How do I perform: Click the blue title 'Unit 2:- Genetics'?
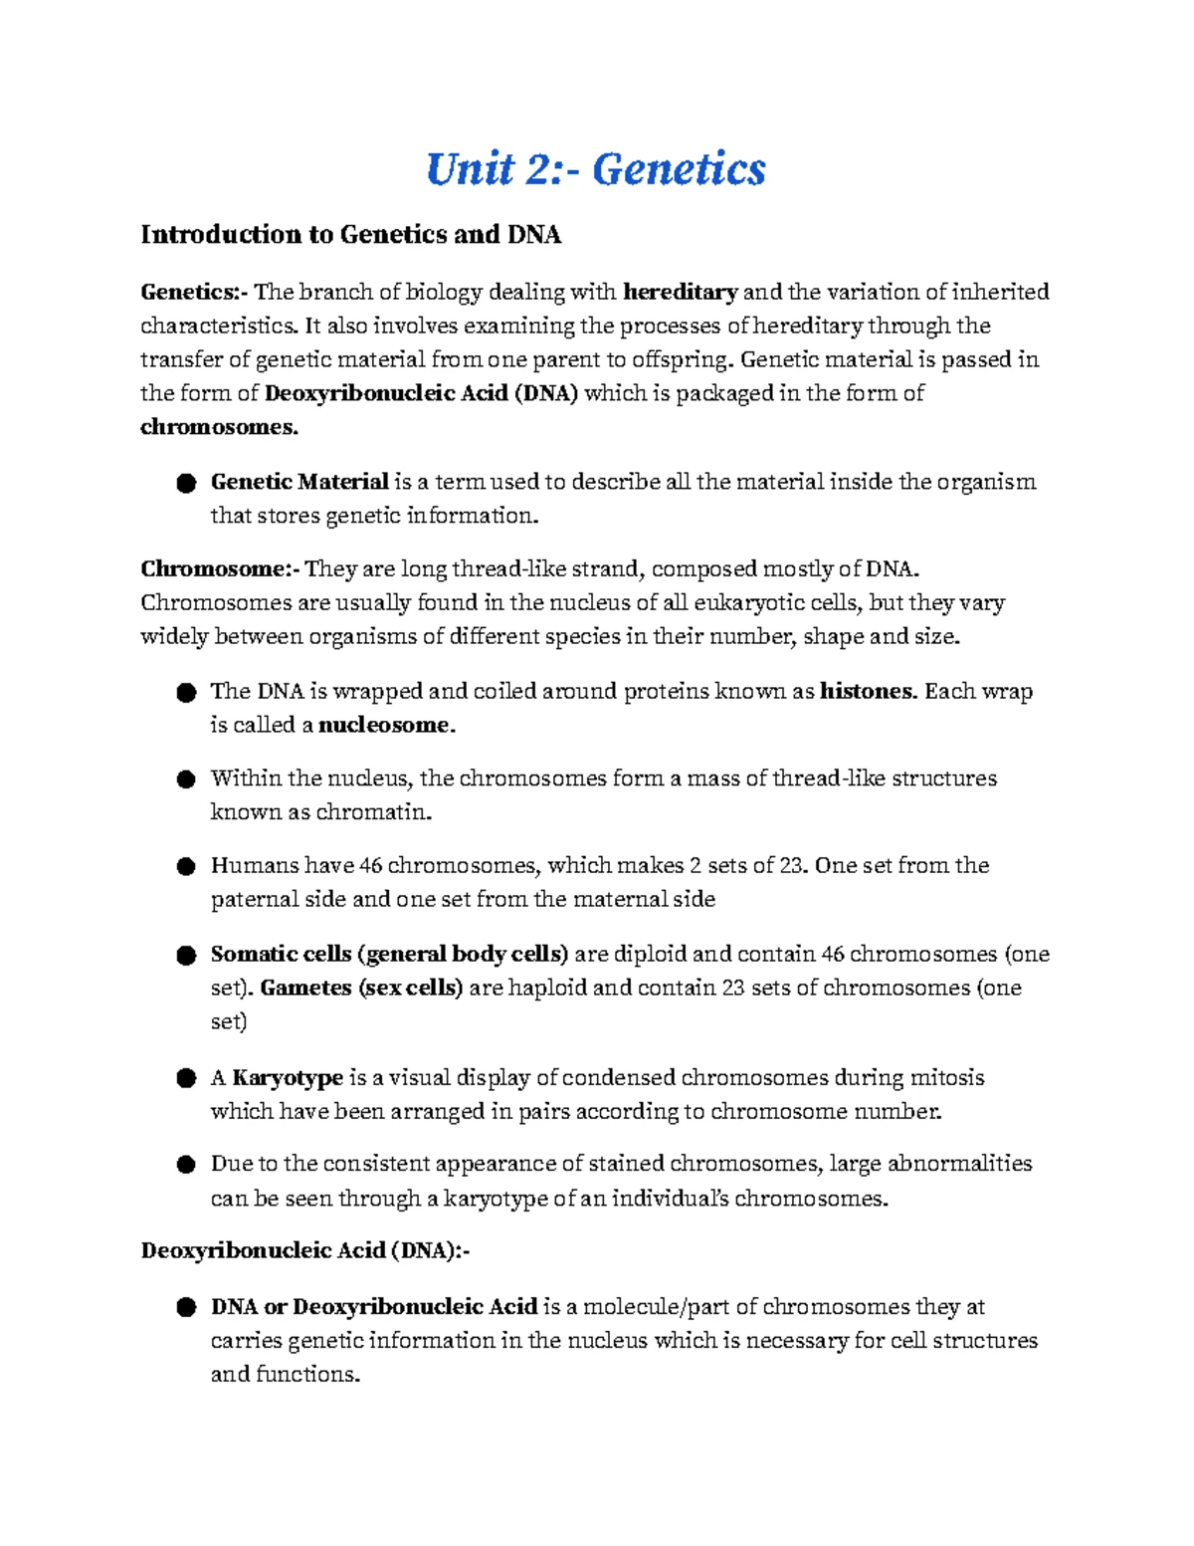595,168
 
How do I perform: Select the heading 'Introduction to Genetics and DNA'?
350,235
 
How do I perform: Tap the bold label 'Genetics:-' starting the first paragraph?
194,292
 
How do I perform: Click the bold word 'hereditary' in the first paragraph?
680,292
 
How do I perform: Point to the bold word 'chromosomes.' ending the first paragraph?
219,427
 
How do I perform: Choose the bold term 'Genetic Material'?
298,482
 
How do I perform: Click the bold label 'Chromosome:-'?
219,569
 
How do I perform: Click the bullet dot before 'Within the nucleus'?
185,779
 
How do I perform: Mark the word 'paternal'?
252,900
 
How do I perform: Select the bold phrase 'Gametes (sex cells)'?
361,988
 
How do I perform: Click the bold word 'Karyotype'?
288,1077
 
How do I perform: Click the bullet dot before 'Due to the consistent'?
185,1165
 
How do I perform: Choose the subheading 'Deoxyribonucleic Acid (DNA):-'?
304,1251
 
